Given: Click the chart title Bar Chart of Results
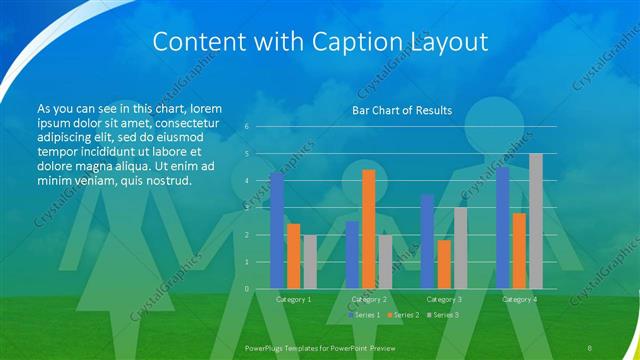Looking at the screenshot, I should (x=401, y=110).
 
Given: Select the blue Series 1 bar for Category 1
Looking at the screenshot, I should (x=277, y=230).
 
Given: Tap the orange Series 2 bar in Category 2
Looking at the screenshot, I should (x=368, y=229).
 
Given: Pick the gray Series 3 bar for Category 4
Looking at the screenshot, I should (x=535, y=221).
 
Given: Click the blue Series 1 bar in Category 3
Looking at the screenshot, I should (x=427, y=242).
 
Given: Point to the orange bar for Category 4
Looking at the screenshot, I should (x=519, y=250).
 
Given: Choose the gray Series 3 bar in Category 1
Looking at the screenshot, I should (x=309, y=261).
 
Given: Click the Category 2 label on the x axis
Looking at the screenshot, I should (x=368, y=299).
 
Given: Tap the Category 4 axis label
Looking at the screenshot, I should (x=519, y=299).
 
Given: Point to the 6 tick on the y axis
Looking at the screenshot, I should (x=246, y=127).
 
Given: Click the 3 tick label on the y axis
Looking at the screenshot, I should (x=246, y=208).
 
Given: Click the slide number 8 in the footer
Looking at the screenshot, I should (x=591, y=346).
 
